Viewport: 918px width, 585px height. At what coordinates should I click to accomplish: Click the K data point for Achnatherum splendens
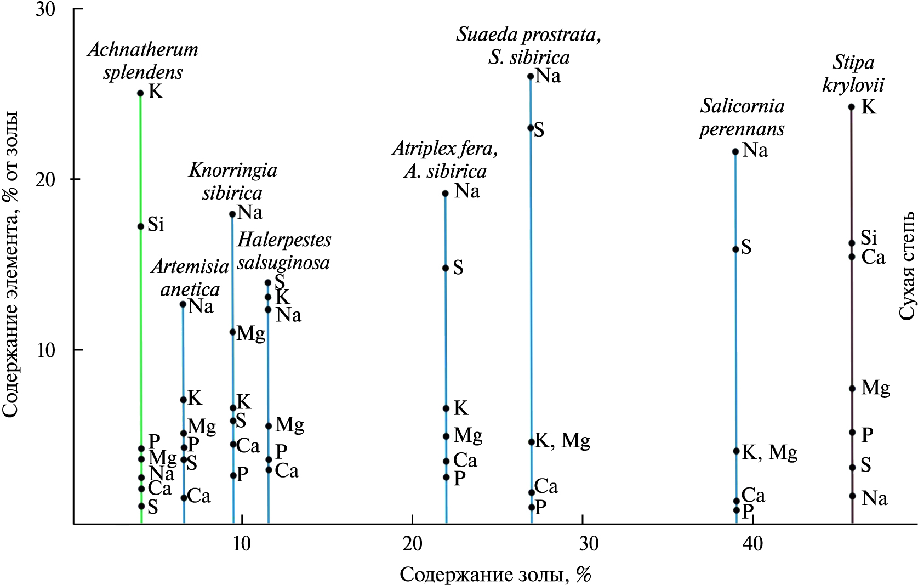point(140,93)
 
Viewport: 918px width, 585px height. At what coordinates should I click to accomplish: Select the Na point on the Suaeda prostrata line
point(531,76)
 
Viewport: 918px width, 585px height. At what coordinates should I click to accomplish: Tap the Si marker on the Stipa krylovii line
point(852,243)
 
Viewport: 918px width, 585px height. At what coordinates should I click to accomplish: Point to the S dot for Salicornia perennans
point(735,249)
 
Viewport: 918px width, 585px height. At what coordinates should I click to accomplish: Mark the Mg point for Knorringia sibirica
point(232,332)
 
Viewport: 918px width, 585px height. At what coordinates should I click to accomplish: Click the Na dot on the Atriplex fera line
point(445,194)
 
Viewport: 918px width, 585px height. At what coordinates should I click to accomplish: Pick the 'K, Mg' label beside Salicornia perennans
point(769,453)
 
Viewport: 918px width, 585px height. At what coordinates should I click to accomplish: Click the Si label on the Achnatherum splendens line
point(156,224)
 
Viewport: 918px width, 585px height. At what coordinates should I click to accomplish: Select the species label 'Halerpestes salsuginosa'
point(283,251)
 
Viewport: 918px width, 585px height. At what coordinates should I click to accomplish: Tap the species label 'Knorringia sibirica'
point(233,181)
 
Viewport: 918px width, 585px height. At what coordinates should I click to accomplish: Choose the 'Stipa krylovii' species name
point(853,73)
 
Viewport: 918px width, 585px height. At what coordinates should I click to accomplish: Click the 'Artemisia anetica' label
point(190,278)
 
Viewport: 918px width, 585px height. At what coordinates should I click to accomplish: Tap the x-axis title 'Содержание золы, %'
point(495,574)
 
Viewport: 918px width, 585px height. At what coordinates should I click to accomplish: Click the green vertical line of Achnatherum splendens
point(141,329)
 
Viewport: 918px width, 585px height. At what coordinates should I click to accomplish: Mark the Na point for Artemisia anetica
point(183,304)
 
